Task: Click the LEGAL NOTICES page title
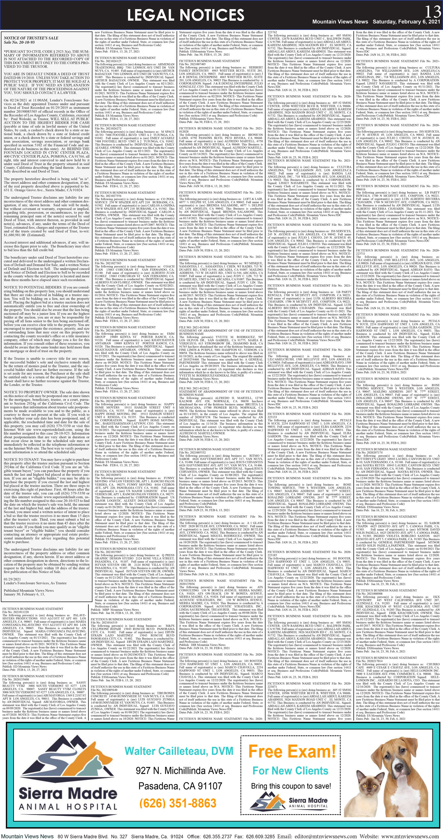click(x=186, y=15)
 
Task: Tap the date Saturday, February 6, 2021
click(x=406, y=22)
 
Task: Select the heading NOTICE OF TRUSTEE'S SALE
click(x=31, y=38)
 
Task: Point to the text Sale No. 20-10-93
click(x=19, y=42)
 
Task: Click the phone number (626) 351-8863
click(x=178, y=803)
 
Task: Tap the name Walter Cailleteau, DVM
click(x=179, y=751)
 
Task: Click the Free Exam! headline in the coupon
click(x=292, y=751)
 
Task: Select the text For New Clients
click(x=290, y=770)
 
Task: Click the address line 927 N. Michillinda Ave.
click(x=180, y=770)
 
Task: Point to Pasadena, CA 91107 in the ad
click(x=180, y=786)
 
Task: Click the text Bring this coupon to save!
click(x=291, y=786)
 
